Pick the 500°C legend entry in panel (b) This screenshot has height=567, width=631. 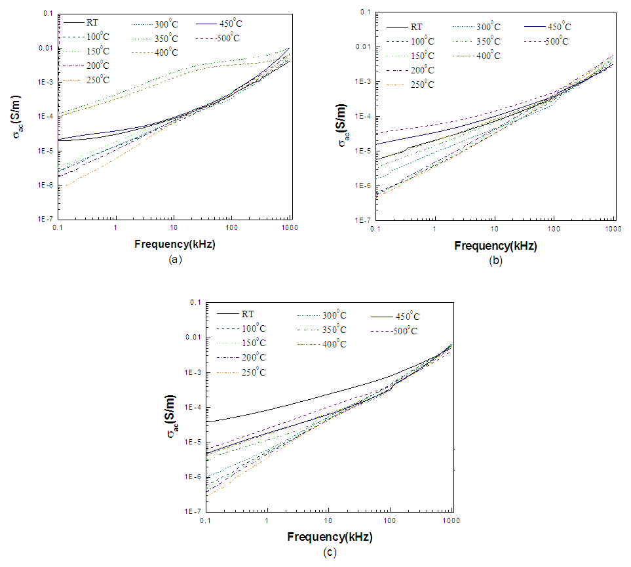[x=554, y=41]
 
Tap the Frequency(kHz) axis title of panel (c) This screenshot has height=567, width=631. [x=330, y=536]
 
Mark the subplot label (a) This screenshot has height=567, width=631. [x=175, y=260]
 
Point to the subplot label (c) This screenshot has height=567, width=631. [x=330, y=552]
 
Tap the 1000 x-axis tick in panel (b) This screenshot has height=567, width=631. [x=613, y=228]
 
